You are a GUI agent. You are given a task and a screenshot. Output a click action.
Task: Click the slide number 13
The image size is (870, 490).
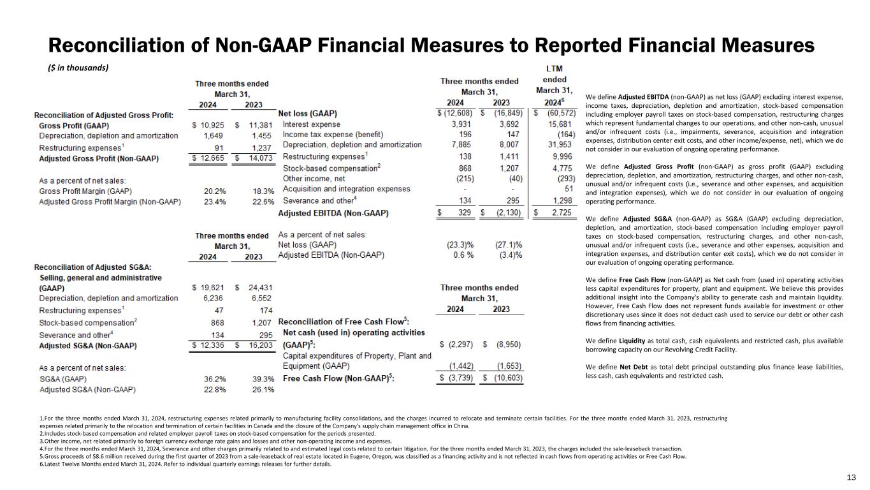point(850,478)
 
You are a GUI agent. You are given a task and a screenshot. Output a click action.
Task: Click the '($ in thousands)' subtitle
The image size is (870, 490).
point(79,68)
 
